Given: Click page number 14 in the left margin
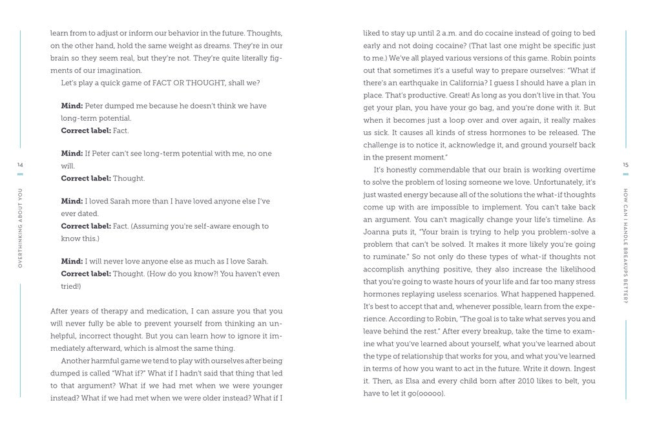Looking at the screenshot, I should click(19, 165).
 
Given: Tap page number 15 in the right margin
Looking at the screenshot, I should click(625, 165).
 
